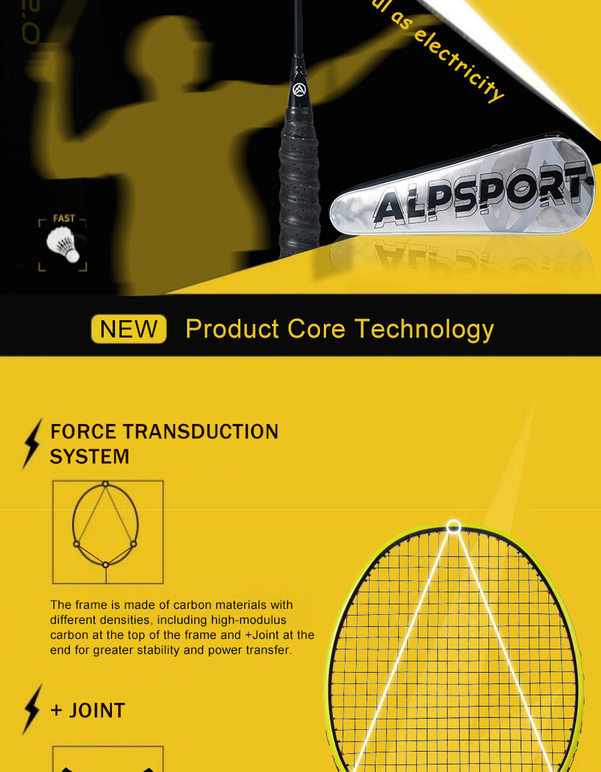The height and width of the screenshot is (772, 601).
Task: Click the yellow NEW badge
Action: click(128, 329)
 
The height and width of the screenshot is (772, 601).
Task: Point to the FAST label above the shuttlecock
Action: click(64, 219)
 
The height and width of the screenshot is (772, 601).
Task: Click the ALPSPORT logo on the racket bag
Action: click(481, 197)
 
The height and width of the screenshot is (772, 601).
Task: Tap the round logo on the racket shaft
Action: click(299, 90)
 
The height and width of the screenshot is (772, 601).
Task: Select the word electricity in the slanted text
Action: click(459, 64)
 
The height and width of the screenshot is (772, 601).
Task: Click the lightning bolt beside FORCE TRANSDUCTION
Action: click(32, 444)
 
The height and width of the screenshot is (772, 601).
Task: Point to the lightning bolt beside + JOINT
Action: click(32, 708)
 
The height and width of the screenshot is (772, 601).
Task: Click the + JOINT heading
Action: click(88, 710)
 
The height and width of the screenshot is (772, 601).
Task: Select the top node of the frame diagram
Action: click(106, 483)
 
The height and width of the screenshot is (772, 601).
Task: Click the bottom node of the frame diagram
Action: click(106, 565)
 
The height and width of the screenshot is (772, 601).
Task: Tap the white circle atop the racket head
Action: click(453, 527)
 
